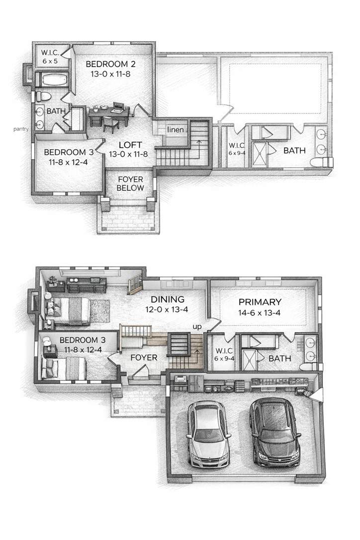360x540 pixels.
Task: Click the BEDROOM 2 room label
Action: pyautogui.click(x=110, y=64)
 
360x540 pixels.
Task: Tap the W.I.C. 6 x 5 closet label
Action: pyautogui.click(x=50, y=57)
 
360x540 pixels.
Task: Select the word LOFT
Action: pyautogui.click(x=130, y=145)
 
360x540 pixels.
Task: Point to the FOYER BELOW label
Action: pyautogui.click(x=130, y=183)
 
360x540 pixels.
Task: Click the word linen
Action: pyautogui.click(x=176, y=130)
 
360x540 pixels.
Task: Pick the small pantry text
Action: pyautogui.click(x=21, y=129)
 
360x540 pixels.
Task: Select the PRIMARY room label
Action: pyautogui.click(x=260, y=302)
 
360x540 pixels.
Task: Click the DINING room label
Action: pyautogui.click(x=168, y=299)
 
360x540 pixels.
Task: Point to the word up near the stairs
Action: pyautogui.click(x=197, y=327)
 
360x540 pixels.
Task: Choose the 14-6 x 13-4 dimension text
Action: pyautogui.click(x=260, y=313)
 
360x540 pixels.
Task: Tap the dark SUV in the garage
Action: pyautogui.click(x=274, y=431)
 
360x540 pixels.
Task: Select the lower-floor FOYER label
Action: pyautogui.click(x=144, y=358)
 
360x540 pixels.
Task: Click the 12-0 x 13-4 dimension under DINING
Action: pyautogui.click(x=167, y=310)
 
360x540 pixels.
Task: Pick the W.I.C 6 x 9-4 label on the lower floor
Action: pyautogui.click(x=224, y=354)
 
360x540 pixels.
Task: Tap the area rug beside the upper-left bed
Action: pyautogui.click(x=99, y=311)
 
